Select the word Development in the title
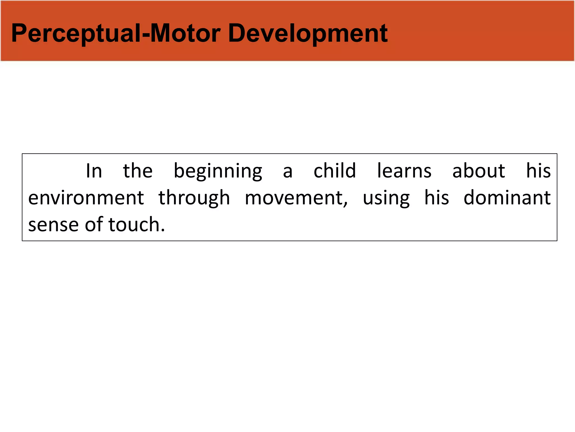click(x=308, y=34)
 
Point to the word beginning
click(x=218, y=172)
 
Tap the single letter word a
click(x=287, y=172)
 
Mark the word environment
click(x=86, y=198)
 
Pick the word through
click(x=194, y=198)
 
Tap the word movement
click(x=294, y=198)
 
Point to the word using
click(x=386, y=198)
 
